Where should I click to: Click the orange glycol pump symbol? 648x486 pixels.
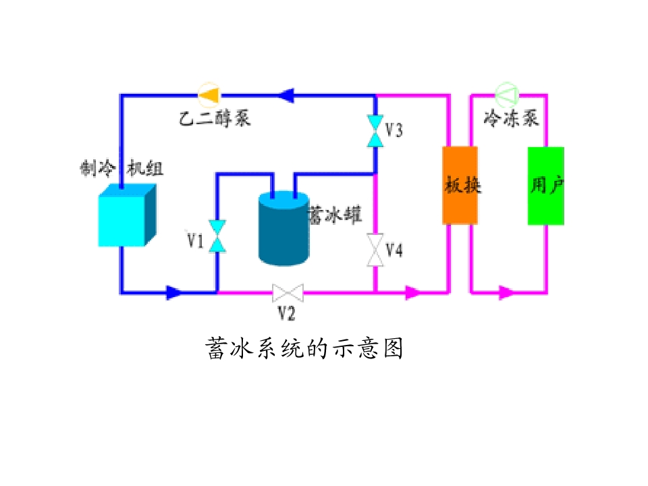209,95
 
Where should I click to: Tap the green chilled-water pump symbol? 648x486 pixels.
507,94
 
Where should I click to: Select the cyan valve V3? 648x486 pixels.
375,131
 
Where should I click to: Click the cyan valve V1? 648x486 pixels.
217,236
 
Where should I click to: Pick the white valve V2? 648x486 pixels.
288,293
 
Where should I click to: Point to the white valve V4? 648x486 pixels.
375,250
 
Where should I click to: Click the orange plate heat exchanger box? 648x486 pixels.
460,186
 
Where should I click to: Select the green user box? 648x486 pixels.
546,186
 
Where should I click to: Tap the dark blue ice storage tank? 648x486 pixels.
284,228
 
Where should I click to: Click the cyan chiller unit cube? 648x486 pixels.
128,215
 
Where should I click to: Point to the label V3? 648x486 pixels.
394,130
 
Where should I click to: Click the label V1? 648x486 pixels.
196,240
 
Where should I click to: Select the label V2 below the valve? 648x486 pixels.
286,313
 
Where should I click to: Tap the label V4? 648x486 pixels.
394,250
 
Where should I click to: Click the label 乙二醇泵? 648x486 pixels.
215,118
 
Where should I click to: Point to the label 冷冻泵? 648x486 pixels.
512,117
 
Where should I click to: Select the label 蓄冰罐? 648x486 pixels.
335,215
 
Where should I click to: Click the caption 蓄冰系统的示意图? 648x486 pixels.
304,348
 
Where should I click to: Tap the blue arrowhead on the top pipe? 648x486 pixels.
286,95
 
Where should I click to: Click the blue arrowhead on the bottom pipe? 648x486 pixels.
174,292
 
